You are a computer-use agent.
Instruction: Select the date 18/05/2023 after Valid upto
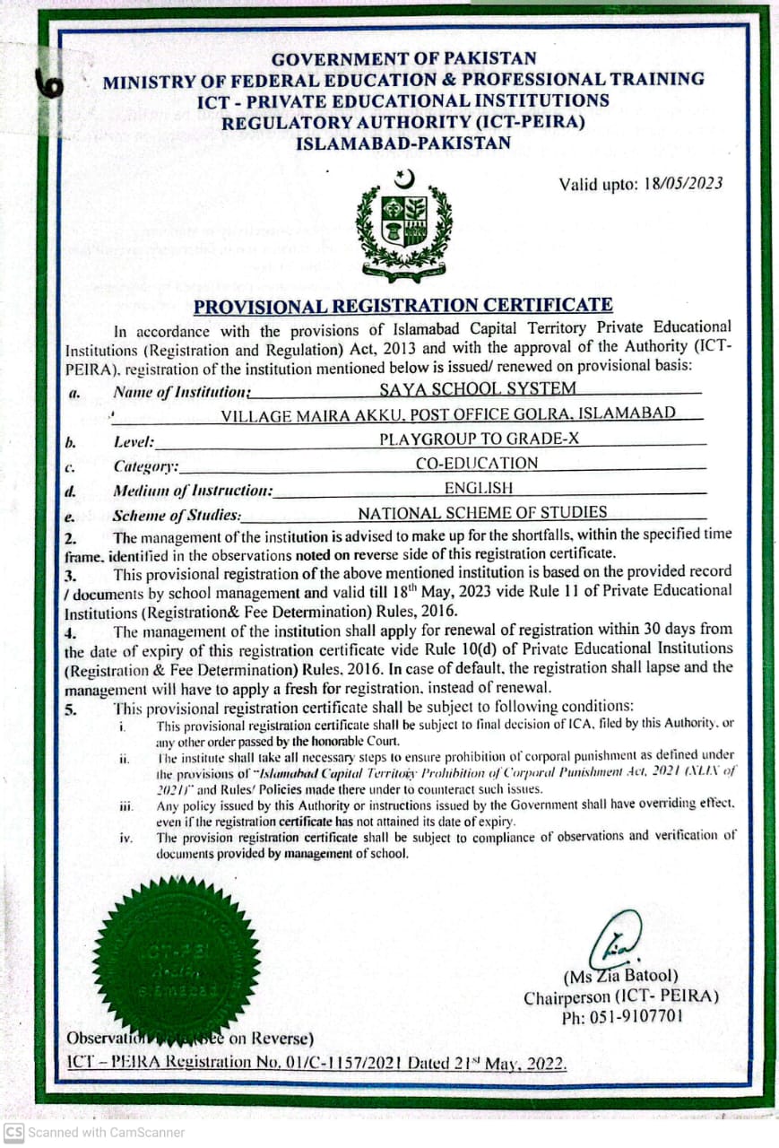[683, 183]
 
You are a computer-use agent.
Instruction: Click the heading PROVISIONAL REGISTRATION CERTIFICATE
[403, 306]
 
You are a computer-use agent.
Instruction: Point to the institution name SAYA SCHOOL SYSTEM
[478, 388]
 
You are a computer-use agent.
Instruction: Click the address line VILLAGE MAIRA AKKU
[448, 413]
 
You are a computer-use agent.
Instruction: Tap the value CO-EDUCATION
[477, 464]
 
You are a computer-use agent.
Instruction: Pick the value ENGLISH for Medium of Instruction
[479, 488]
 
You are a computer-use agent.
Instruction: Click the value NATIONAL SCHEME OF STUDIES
[482, 513]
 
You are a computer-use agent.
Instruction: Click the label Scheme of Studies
[177, 516]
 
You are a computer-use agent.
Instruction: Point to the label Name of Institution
[181, 392]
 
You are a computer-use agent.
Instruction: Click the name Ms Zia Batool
[620, 976]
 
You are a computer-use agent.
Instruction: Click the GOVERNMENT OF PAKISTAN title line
[403, 59]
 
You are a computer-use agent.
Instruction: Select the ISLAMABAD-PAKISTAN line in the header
[403, 143]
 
